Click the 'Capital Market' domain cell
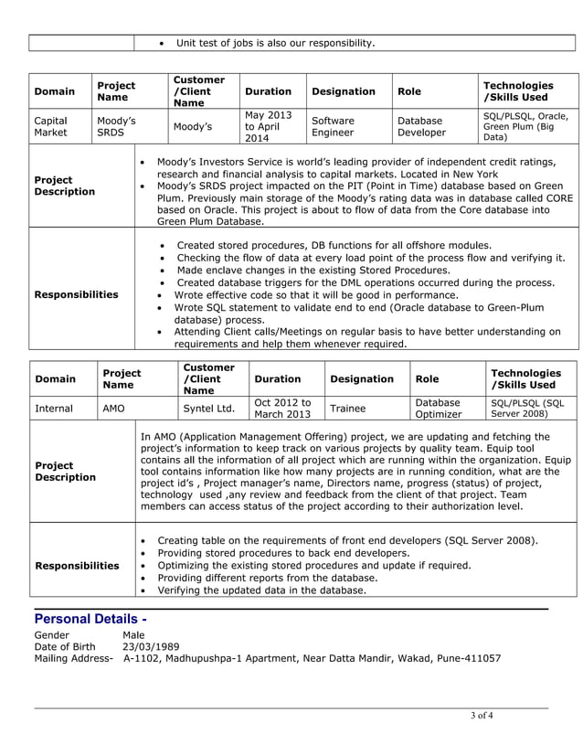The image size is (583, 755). point(51,126)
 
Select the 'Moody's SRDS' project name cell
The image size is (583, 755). point(116,126)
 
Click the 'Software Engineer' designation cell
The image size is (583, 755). point(334,126)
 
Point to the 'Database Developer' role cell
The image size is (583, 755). point(420,126)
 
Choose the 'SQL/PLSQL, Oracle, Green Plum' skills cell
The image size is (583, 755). point(525,126)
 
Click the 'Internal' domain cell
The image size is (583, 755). point(54,409)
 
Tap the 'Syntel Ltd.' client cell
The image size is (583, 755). point(209,409)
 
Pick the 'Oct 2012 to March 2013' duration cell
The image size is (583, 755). point(282,409)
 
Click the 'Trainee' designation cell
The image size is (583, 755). point(347,409)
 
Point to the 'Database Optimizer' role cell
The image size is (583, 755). point(439,409)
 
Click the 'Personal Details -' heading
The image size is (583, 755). point(90,619)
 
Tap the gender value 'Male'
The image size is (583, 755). point(133,634)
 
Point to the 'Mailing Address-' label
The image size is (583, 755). point(73,658)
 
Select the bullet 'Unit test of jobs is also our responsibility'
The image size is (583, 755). point(275,43)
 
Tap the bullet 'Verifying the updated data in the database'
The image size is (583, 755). point(261,590)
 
